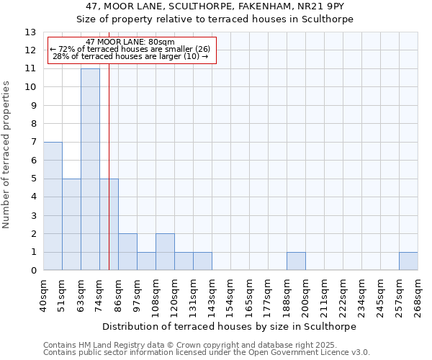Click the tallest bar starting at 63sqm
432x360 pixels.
tap(90, 169)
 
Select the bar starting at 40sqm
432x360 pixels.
tap(53, 206)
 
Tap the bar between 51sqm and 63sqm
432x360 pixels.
tap(71, 225)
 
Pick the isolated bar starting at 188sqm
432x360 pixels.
tap(296, 261)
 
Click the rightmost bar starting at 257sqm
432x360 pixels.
tap(408, 261)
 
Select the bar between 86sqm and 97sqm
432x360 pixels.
tap(127, 252)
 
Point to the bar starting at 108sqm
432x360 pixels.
tap(165, 252)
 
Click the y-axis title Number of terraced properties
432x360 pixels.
tap(7, 155)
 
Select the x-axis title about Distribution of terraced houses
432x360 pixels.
tap(230, 326)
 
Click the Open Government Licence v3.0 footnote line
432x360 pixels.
tap(207, 353)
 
